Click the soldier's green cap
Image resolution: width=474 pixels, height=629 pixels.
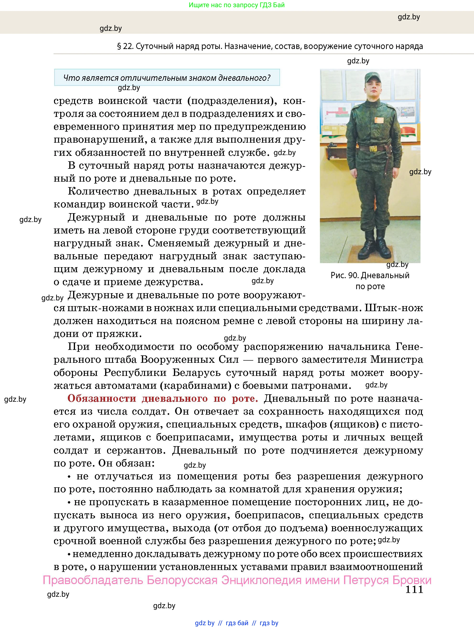pyautogui.click(x=372, y=76)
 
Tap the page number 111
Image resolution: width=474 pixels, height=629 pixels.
pyautogui.click(x=414, y=590)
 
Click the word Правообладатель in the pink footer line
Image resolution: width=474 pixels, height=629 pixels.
pyautogui.click(x=93, y=580)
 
